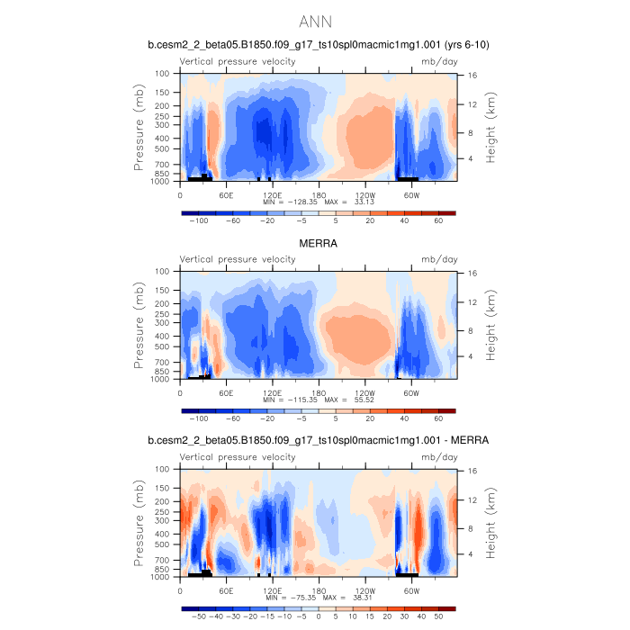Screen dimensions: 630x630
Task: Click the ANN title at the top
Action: (x=315, y=21)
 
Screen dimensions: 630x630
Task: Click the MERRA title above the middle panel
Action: (x=319, y=243)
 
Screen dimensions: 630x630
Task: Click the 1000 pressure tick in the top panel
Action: (x=163, y=181)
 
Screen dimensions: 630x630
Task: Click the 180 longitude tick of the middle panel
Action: (x=318, y=392)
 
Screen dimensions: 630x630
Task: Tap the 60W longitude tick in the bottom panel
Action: (x=411, y=590)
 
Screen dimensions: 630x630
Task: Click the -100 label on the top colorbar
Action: (x=200, y=221)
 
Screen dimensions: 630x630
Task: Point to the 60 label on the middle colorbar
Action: (x=438, y=419)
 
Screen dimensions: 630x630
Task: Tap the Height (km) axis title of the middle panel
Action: (x=492, y=325)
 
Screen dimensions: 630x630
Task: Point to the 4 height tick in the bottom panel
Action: (x=472, y=554)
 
